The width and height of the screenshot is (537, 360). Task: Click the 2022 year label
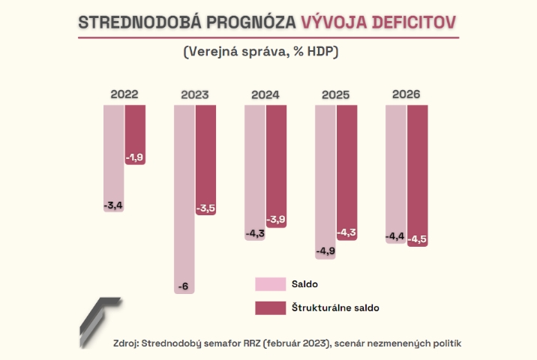click(x=124, y=95)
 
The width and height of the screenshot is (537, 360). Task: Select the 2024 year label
click(x=265, y=95)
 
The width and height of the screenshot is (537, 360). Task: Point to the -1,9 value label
click(x=135, y=157)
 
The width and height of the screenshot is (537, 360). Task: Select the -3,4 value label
click(x=113, y=205)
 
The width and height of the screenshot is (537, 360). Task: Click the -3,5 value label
click(x=205, y=208)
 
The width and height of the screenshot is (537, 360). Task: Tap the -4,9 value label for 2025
click(x=325, y=251)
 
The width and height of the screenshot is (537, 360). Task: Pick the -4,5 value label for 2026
click(x=417, y=239)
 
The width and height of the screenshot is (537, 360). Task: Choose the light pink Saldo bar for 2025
click(x=325, y=172)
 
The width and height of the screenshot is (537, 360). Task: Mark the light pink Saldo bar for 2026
click(x=395, y=169)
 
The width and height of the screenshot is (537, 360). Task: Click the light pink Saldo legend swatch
click(x=270, y=284)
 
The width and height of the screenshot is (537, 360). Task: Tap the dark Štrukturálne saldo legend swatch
click(x=270, y=307)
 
